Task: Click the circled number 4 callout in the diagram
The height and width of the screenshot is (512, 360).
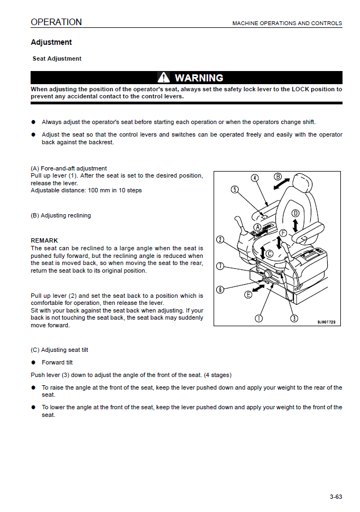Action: point(255,178)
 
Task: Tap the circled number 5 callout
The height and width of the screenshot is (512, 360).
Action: point(235,190)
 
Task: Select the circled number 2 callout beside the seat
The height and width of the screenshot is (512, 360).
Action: point(220,239)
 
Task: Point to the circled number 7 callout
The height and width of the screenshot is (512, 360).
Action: point(220,266)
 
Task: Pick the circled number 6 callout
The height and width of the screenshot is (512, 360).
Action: point(220,290)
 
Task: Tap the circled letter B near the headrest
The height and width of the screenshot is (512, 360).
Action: point(278,176)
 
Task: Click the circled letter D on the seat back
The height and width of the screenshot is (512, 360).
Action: point(295,213)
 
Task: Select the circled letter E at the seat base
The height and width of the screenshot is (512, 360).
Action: point(249,294)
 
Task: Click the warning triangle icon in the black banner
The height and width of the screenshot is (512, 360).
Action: point(164,78)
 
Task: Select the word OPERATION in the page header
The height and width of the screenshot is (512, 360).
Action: point(56,22)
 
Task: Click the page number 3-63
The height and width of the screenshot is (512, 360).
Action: point(335,497)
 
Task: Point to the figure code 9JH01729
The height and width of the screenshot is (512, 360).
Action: point(328,322)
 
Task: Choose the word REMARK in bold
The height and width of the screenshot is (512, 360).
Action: point(44,240)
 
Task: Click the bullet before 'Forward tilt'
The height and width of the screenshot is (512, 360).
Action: point(33,362)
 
